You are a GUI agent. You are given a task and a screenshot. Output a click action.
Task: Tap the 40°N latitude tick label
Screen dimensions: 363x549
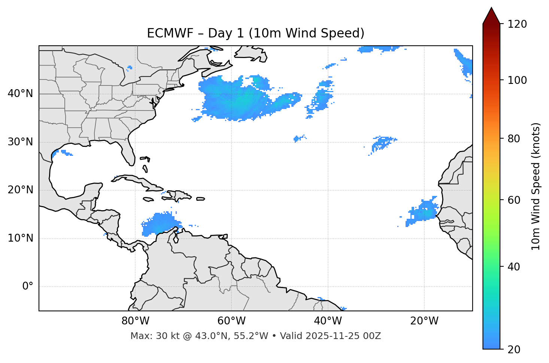[20, 94]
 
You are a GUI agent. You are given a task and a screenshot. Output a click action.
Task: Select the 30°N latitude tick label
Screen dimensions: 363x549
[20, 142]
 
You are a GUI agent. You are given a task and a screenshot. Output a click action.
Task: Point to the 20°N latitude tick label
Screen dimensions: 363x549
[20, 190]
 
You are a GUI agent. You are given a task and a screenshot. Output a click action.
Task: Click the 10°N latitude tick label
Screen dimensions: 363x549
[20, 238]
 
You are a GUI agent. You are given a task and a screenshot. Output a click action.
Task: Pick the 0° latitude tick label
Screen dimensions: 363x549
[28, 287]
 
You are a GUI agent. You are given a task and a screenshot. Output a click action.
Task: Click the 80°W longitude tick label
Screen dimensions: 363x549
[135, 321]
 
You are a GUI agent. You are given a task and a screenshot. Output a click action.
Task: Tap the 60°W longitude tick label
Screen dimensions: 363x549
[231, 321]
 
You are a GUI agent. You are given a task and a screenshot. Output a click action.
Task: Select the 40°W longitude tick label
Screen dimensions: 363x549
[328, 321]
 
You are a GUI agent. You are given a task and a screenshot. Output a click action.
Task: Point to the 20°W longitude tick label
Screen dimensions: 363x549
[424, 321]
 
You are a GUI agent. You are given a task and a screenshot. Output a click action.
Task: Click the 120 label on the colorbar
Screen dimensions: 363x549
[517, 24]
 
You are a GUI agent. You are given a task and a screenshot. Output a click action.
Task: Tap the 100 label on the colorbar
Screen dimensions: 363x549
[517, 80]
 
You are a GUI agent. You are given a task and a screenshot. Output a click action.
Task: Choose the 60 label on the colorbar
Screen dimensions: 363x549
[514, 200]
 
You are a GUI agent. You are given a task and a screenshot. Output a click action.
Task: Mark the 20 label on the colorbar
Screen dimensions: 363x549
[514, 350]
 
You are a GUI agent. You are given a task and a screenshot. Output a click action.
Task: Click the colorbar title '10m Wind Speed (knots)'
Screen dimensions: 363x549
[536, 186]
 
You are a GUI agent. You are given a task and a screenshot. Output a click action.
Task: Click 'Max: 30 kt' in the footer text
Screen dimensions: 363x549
[148, 336]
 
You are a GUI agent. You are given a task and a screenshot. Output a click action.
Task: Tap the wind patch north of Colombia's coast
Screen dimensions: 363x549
[159, 224]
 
